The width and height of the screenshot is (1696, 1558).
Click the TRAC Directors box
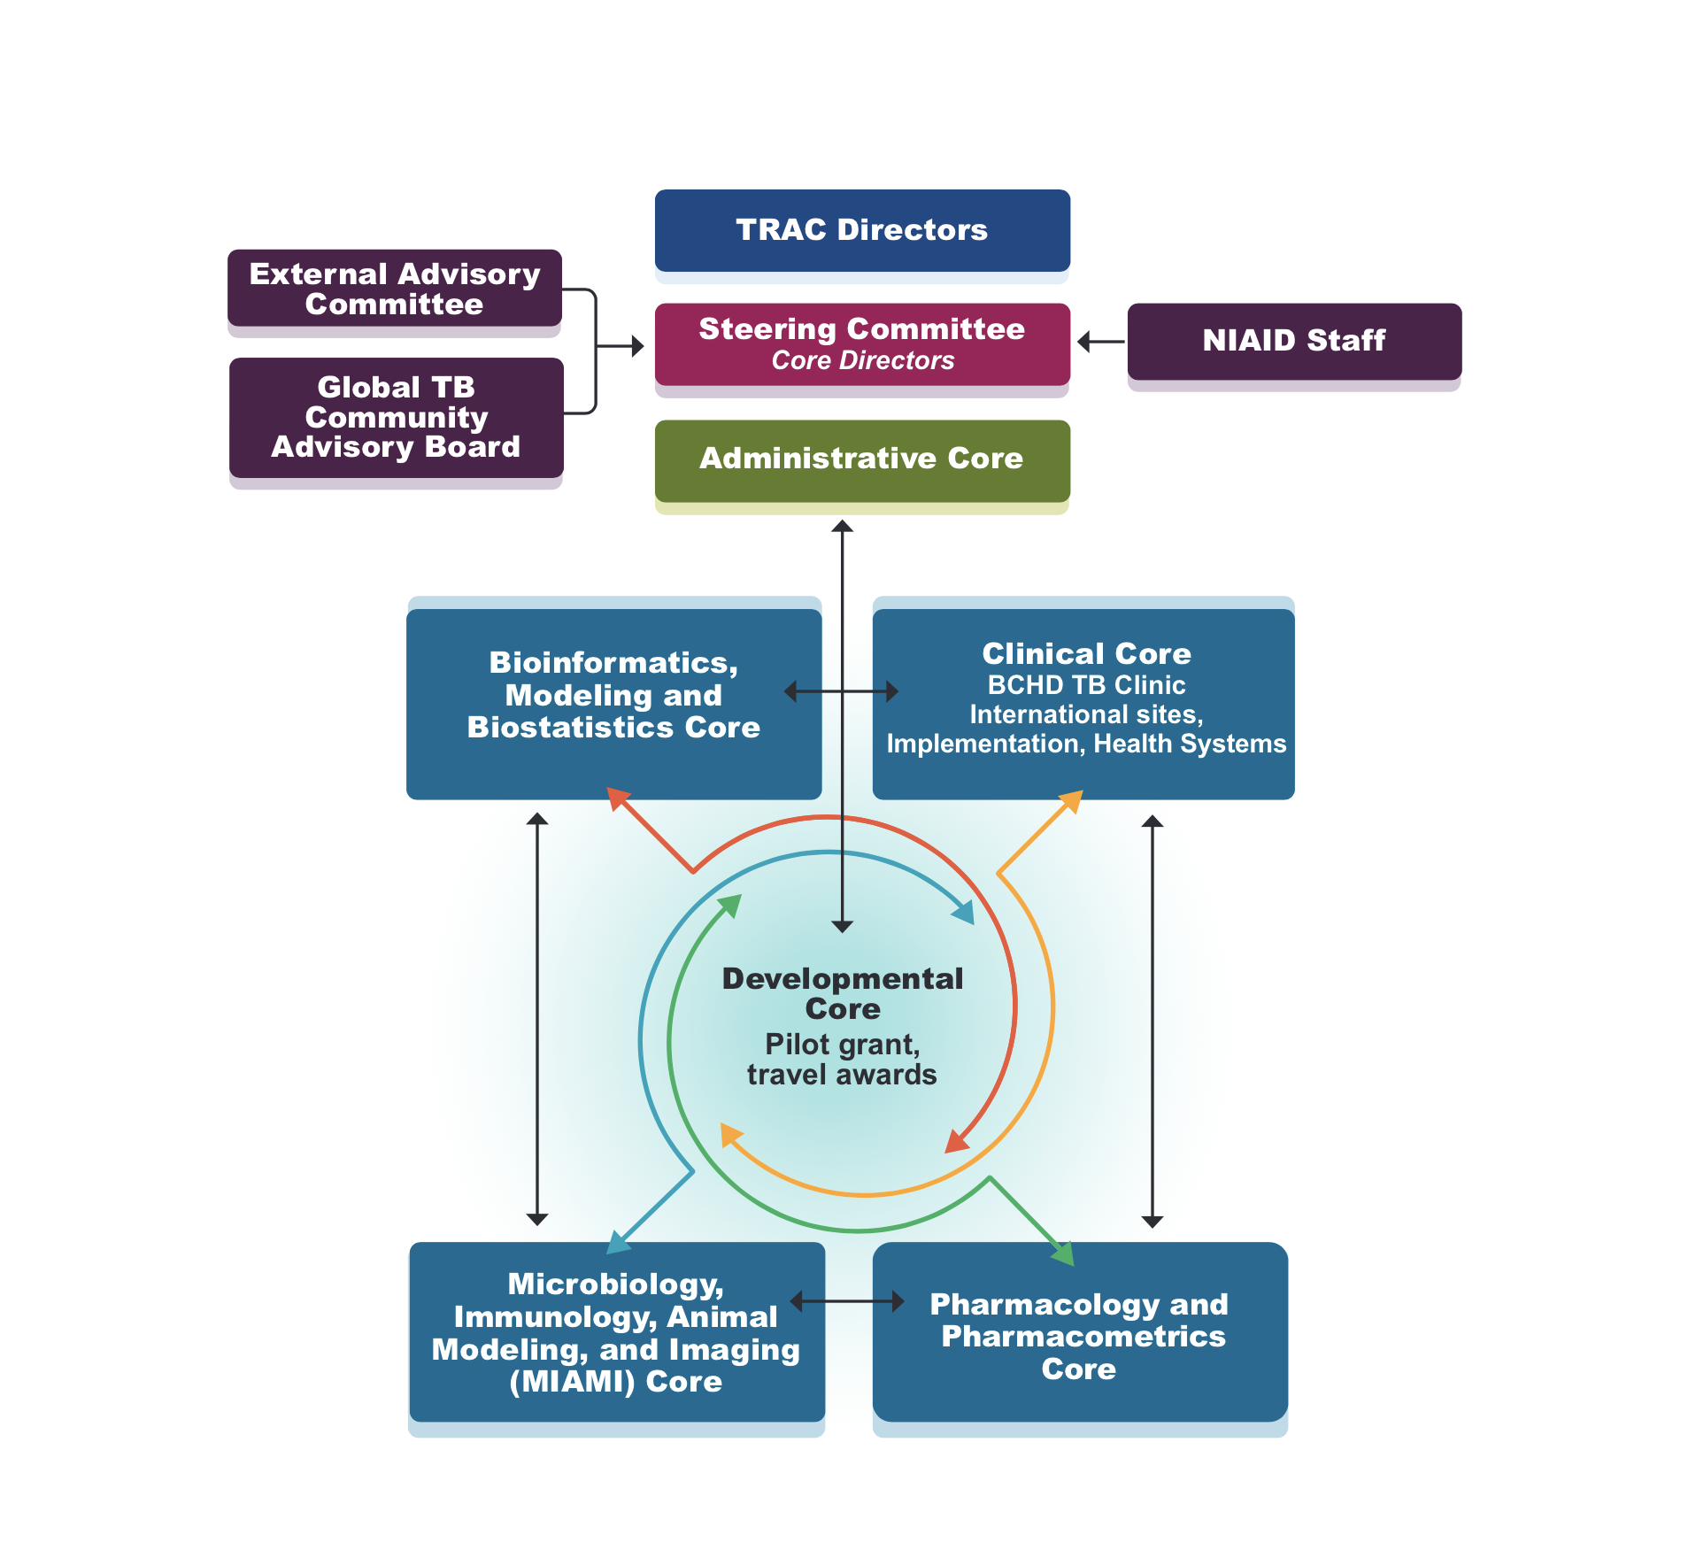[862, 230]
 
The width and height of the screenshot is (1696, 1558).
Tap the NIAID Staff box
[1294, 341]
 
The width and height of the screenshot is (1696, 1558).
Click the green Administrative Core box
[862, 459]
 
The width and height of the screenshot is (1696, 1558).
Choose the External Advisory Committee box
[395, 289]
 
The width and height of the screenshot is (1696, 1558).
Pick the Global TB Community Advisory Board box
[396, 417]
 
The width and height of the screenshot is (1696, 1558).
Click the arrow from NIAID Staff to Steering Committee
[1100, 342]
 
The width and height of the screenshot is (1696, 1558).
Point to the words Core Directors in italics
[862, 361]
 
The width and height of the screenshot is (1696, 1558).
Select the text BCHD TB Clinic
[1086, 685]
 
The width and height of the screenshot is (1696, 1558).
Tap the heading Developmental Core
[842, 993]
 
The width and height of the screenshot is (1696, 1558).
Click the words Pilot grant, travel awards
[842, 1060]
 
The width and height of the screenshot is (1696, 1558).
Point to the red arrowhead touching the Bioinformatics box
[619, 798]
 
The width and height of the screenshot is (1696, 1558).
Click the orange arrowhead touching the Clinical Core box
[1072, 801]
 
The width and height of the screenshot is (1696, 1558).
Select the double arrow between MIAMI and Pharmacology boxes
[847, 1301]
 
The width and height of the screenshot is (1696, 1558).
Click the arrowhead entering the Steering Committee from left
[637, 346]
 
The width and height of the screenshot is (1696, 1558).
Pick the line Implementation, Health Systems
[1086, 744]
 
